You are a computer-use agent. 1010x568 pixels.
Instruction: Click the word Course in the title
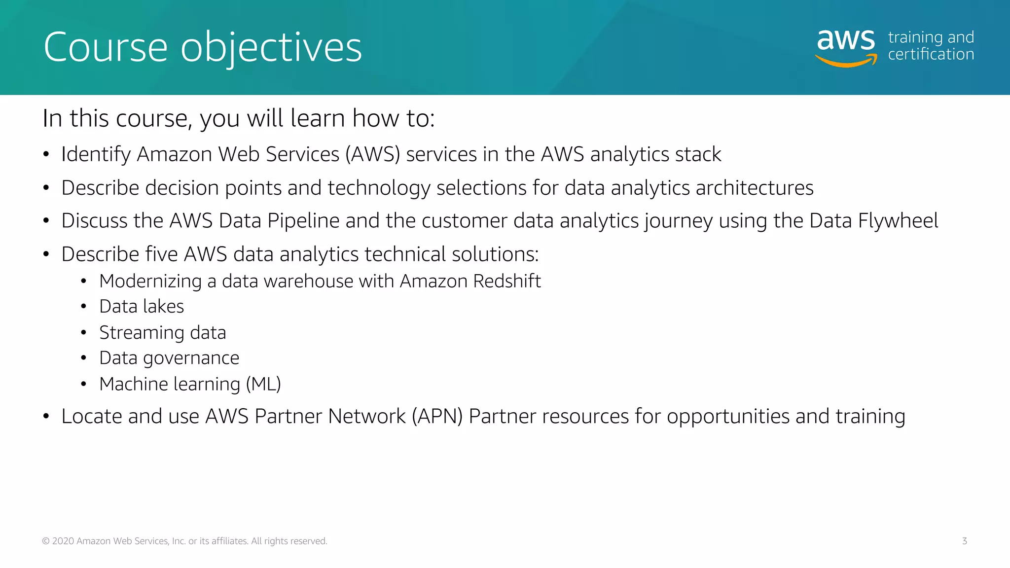[x=106, y=47]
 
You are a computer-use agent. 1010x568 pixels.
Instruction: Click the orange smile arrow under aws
[x=846, y=61]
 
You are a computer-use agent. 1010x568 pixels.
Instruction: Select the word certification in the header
[x=931, y=54]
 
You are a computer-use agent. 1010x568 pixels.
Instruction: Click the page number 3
[x=964, y=541]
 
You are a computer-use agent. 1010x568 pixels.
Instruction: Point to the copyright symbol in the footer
[x=46, y=541]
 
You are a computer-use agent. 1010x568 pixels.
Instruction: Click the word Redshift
[x=506, y=281]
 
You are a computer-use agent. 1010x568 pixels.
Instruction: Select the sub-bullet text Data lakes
[x=142, y=307]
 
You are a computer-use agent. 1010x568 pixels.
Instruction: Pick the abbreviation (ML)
[x=263, y=384]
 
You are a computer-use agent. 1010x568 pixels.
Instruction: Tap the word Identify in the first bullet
[x=96, y=154]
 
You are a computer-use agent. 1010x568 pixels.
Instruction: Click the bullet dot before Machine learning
[x=84, y=384]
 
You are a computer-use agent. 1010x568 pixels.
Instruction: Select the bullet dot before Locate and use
[x=46, y=417]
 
